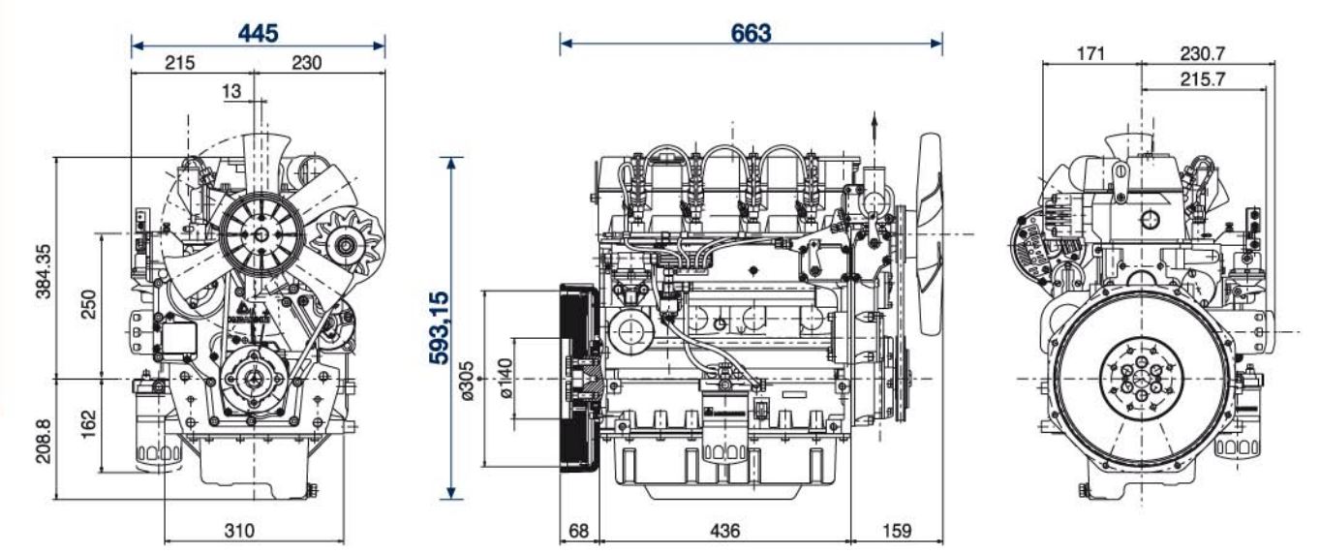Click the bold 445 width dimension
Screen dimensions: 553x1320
tap(259, 32)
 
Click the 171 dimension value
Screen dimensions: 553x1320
tap(1090, 52)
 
